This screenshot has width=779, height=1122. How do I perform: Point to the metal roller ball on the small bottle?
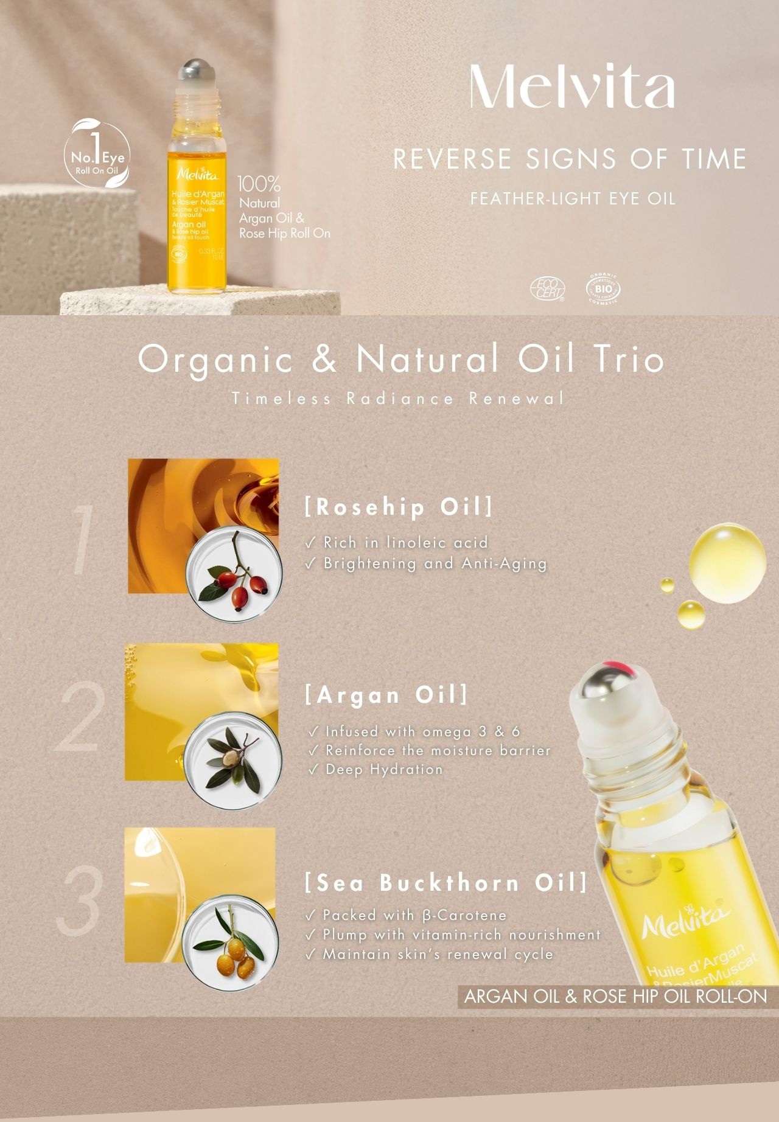click(x=197, y=67)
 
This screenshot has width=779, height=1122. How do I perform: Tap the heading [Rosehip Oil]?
click(x=399, y=507)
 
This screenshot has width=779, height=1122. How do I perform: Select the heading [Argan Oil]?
click(x=386, y=695)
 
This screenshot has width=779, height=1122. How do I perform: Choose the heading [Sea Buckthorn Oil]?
click(x=446, y=883)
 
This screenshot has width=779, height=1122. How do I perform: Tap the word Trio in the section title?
click(x=627, y=359)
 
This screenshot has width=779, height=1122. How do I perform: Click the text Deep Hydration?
click(x=383, y=770)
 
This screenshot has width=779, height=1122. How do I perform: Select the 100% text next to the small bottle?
click(x=259, y=183)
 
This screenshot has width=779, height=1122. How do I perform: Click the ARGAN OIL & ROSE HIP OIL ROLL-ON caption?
click(x=615, y=996)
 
